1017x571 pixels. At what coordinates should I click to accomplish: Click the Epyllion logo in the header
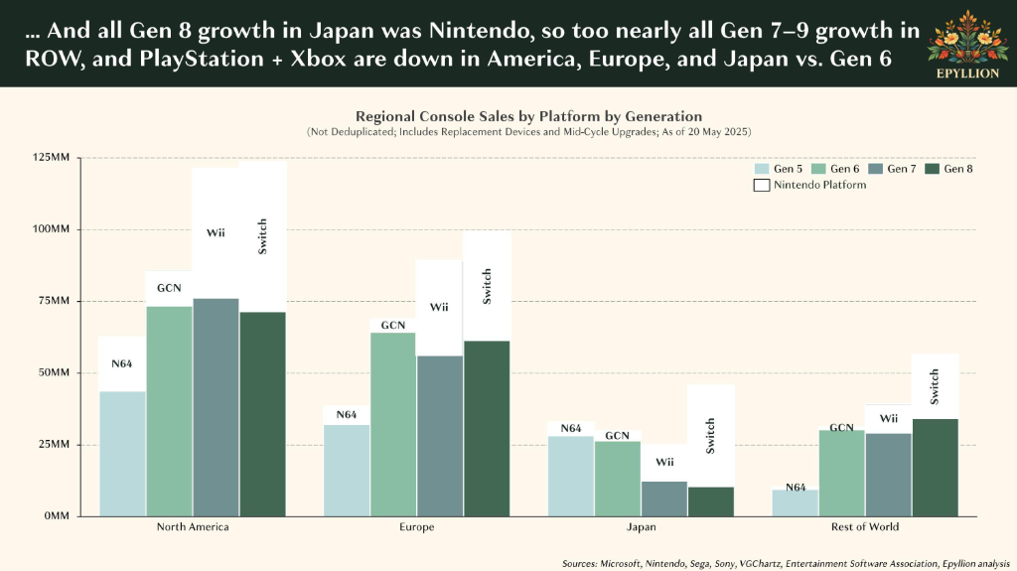pos(967,45)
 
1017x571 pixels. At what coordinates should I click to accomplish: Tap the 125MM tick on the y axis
pos(51,158)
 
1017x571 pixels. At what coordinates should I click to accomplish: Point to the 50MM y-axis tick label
pos(54,373)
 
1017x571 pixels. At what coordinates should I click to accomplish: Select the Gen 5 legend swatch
pos(762,169)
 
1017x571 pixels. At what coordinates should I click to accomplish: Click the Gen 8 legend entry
pos(948,169)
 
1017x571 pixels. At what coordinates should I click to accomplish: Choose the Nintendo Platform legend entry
pos(810,185)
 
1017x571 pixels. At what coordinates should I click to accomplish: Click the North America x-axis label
pos(193,527)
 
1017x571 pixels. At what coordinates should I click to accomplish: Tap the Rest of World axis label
pos(865,527)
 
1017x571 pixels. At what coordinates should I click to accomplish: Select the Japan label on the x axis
pos(641,527)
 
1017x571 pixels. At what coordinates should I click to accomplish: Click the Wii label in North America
pos(216,233)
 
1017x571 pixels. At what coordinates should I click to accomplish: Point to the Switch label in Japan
pos(710,436)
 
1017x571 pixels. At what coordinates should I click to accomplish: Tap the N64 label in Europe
pos(347,415)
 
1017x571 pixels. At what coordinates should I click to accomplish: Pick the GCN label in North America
pos(169,288)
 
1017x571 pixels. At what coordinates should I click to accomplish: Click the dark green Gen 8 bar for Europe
pos(487,429)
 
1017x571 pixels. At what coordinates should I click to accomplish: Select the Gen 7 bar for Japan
pos(664,499)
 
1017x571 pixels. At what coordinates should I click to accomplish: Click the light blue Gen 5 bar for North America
pos(122,454)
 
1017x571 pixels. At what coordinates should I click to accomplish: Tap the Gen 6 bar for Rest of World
pos(842,473)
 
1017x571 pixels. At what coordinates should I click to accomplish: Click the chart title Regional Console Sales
pos(528,117)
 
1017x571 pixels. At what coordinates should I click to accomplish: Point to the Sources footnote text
pos(787,564)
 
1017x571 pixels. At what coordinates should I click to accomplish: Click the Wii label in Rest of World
pos(889,418)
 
